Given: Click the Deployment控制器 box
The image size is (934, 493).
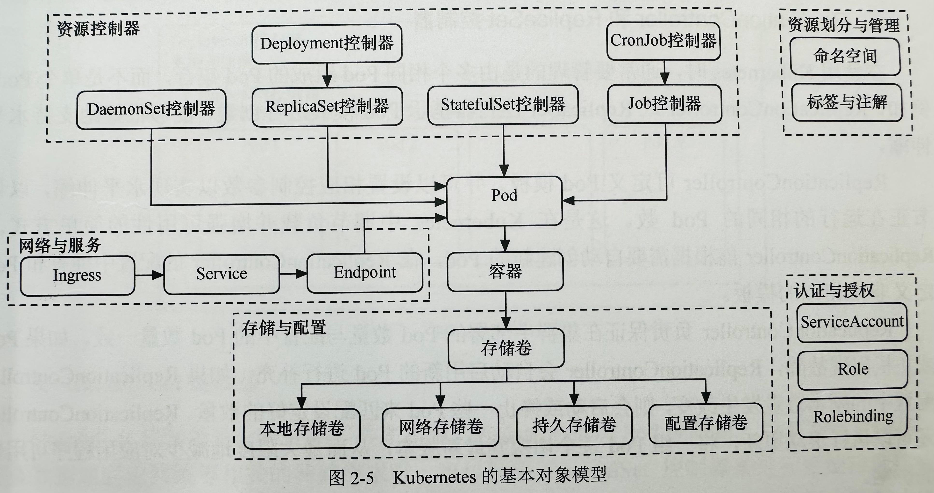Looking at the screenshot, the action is coord(327,43).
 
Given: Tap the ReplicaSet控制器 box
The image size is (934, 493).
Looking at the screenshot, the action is coord(327,107).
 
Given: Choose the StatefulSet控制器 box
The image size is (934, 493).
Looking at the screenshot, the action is coord(503,104).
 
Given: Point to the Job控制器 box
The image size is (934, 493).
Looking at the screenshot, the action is coord(665,103).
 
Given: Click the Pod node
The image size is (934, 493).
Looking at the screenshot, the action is coord(504,201).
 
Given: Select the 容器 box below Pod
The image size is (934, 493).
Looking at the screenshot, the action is coord(505,271).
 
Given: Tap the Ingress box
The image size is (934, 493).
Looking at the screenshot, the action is coord(77,275).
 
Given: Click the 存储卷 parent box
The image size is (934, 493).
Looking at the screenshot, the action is coord(506,348).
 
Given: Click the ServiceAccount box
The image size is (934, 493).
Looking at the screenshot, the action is coord(852,322).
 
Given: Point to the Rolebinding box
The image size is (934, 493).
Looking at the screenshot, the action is coord(853,417).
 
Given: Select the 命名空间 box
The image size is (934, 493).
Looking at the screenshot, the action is coord(845,56).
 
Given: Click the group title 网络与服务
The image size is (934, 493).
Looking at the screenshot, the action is coord(60,245).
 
